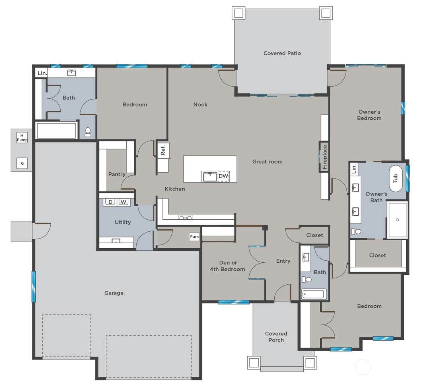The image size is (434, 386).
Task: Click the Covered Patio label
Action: [x=282, y=53]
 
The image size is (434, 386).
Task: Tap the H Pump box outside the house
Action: [x=22, y=138]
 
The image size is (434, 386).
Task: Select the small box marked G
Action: [x=22, y=163]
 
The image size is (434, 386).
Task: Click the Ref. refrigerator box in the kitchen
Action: [x=163, y=150]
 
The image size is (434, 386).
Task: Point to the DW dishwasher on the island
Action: [x=223, y=176]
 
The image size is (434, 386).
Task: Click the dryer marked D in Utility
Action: [x=111, y=202]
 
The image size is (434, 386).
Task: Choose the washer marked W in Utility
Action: [x=123, y=202]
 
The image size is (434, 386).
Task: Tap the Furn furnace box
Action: [x=194, y=237]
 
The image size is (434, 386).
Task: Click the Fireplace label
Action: [x=325, y=157]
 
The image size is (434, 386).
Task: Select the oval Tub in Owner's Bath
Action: [x=395, y=178]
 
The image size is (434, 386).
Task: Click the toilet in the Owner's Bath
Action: [x=356, y=231]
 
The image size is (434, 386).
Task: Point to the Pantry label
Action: [x=117, y=174]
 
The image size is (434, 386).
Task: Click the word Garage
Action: [x=114, y=293]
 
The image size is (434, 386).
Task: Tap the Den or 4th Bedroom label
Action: [x=228, y=266]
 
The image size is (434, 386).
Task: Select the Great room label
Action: [x=267, y=161]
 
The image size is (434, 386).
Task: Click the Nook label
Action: [x=200, y=104]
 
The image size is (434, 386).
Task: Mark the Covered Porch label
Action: [x=276, y=337]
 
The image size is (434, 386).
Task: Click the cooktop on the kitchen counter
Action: [x=185, y=218]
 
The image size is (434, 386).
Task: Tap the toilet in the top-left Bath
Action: [x=88, y=132]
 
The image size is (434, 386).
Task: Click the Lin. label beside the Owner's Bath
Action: [x=354, y=169]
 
